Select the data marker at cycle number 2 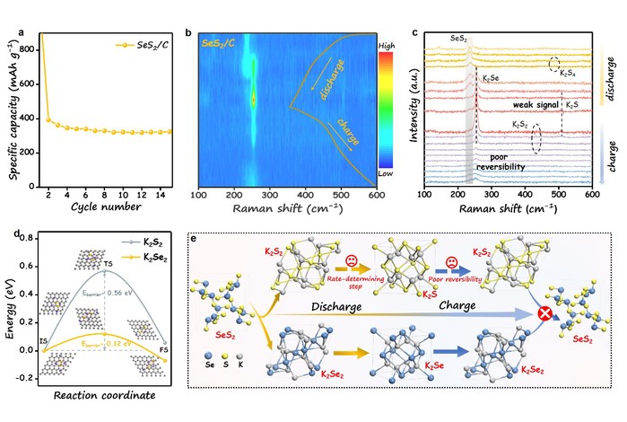click(x=49, y=119)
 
